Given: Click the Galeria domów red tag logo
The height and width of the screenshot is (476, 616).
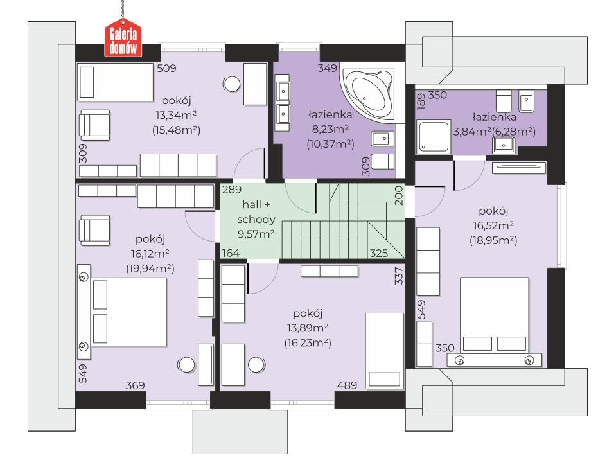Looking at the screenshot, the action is coord(123,40).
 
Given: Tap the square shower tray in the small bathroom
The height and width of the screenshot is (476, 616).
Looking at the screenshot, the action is coord(434,137).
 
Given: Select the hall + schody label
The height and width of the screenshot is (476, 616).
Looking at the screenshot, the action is coord(256,212).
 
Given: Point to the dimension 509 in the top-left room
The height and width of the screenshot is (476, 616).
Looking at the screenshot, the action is coord(166,68).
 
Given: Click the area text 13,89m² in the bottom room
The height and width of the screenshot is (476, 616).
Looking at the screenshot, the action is coord(308,328).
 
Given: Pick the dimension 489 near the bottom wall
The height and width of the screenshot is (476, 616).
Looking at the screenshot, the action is coord(347,385).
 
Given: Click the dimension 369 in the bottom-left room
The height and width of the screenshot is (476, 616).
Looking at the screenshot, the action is coord(135,385).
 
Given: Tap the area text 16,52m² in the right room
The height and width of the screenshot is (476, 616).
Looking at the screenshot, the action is coord(493,225).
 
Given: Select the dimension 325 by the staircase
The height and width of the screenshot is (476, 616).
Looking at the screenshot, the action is coord(379,253).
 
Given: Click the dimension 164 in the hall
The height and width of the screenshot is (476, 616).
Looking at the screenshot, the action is coord(231,253).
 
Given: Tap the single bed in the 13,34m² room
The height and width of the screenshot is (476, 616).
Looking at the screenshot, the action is coord(115,82).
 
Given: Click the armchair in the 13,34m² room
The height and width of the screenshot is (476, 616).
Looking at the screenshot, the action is coord(94,125).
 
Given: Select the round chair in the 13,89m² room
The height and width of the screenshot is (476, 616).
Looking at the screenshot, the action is coord(256,365).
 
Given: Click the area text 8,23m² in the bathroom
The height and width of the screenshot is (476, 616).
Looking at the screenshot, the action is coord(330,129).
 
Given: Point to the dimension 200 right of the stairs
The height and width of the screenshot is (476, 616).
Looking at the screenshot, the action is coord(399,195).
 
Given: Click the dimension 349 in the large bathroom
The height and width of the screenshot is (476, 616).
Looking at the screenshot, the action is coord(327,68).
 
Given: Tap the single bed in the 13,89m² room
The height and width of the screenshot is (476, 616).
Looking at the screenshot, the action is coord(384,351).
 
